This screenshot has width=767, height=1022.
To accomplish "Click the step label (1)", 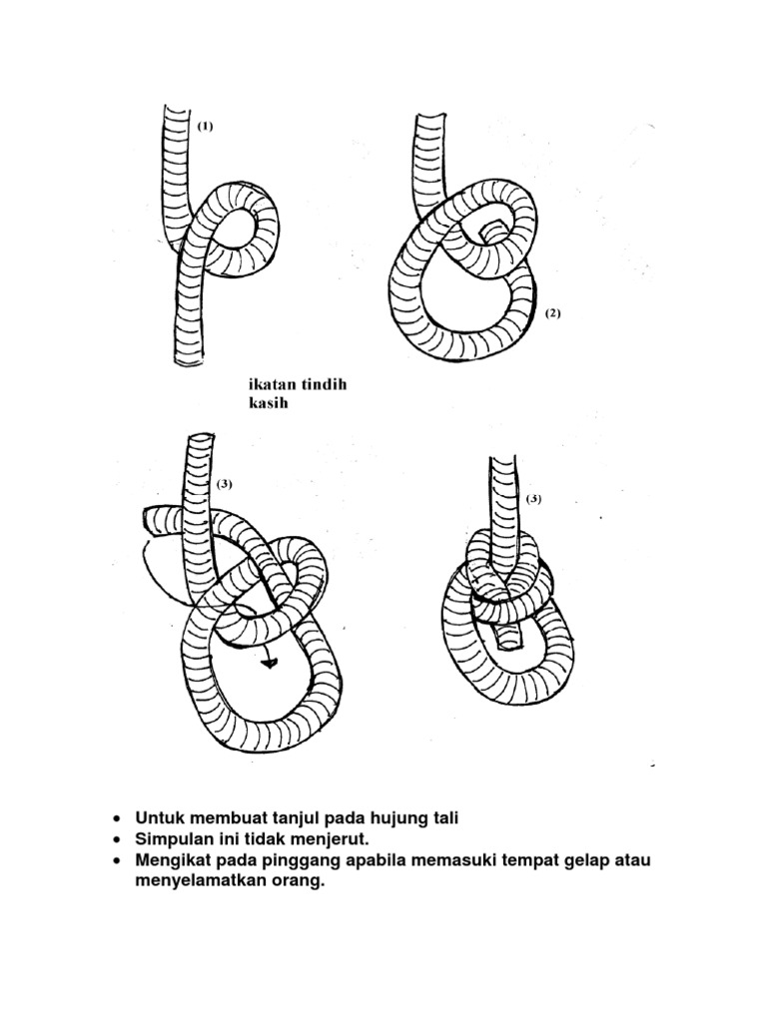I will [x=205, y=127].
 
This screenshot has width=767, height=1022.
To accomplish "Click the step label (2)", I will [x=553, y=313].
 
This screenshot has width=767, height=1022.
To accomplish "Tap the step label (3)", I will [x=224, y=484].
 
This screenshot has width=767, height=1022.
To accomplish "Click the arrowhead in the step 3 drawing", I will [x=269, y=662].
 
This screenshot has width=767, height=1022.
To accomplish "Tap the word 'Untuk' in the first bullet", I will [x=158, y=818].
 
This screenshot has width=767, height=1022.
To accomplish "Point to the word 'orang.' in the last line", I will [x=302, y=881].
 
